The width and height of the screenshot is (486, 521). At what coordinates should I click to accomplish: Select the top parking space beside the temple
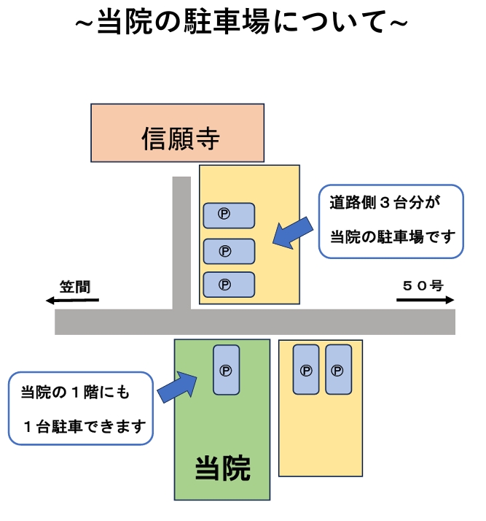coord(228,215)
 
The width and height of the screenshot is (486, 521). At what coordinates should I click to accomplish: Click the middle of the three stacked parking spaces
coord(228,251)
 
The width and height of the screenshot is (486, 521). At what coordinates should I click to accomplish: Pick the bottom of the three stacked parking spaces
coord(228,285)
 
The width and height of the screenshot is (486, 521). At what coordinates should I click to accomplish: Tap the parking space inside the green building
coord(226,370)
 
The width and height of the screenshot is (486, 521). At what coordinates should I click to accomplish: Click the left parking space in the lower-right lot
coord(305,369)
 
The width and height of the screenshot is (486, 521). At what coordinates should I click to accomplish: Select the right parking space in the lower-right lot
coord(338,369)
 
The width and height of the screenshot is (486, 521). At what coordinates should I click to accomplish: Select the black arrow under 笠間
coord(71,300)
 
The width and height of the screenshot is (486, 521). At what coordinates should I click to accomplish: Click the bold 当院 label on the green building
coord(222,468)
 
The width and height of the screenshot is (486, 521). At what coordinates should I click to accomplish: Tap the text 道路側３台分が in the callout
coord(386,204)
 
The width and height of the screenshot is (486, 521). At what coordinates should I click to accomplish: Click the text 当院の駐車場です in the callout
coord(392,237)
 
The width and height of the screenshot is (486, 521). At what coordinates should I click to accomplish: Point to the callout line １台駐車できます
coord(84,425)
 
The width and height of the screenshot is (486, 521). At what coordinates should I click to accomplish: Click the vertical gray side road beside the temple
coord(181,241)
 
